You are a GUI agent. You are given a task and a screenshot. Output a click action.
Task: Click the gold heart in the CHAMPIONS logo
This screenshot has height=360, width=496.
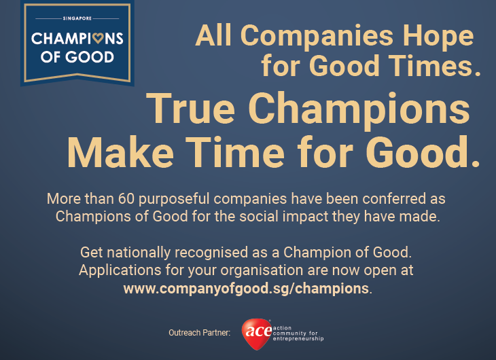coord(98,38)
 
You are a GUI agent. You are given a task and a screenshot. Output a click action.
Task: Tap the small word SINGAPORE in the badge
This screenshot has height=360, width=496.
coord(77,18)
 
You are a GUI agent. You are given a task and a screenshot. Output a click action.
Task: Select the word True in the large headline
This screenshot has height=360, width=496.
coord(190,108)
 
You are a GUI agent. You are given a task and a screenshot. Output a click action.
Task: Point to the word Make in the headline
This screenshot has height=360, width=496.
coord(120,152)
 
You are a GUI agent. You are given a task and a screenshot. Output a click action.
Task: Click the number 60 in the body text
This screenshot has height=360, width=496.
coord(126,198)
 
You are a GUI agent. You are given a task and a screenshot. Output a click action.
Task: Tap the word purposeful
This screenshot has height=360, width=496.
coord(174,199)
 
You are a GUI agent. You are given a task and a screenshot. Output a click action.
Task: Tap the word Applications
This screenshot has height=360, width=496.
coord(120,271)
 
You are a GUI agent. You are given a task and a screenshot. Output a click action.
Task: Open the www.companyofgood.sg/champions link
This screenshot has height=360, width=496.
coord(246,289)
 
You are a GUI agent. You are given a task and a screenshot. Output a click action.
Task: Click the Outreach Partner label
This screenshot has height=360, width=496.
coord(199,332)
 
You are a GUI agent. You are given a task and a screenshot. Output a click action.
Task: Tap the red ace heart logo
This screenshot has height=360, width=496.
coord(257,334)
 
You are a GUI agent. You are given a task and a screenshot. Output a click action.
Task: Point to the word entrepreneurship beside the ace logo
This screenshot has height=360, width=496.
coord(298,338)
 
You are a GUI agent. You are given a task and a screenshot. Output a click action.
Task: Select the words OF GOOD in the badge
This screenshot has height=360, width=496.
coord(77,57)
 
